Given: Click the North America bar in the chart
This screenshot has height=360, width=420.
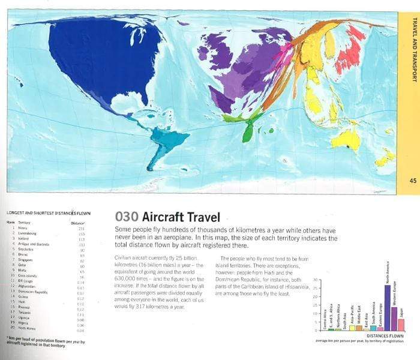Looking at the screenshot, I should pyautogui.click(x=387, y=308).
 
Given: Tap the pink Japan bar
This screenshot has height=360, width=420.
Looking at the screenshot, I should pyautogui.click(x=401, y=325).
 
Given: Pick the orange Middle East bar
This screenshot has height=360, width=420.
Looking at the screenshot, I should pyautogui.click(x=359, y=328).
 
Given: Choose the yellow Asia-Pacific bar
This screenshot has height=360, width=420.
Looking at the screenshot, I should pyautogui.click(x=352, y=328).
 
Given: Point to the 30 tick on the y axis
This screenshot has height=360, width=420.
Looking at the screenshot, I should pyautogui.click(x=316, y=280).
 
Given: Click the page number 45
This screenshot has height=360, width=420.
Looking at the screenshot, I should pyautogui.click(x=412, y=181).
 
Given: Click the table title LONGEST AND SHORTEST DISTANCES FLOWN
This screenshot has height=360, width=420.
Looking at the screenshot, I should pyautogui.click(x=49, y=213).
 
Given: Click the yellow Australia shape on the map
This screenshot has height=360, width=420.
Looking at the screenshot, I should pyautogui.click(x=346, y=140).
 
